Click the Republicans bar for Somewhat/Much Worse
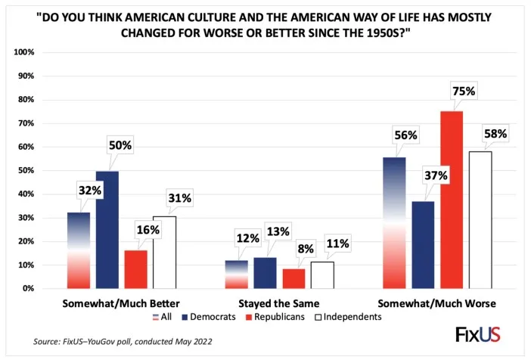point(452,200)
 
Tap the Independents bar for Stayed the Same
point(322,275)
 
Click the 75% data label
point(463,92)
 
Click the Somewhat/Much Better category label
point(123,303)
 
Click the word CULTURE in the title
point(233,17)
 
